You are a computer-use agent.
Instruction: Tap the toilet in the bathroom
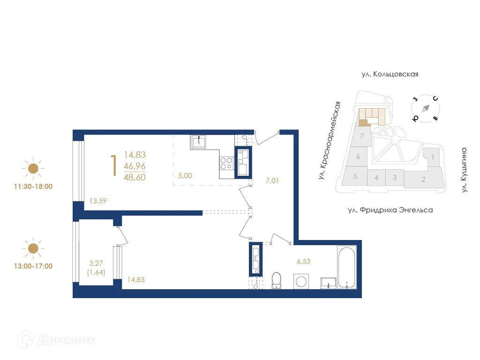pyautogui.click(x=277, y=279)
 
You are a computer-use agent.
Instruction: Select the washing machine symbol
pyautogui.click(x=301, y=281)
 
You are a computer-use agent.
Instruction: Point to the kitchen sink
pyautogui.click(x=200, y=141)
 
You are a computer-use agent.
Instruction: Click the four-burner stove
pyautogui.click(x=226, y=163)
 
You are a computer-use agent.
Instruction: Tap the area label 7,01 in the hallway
pyautogui.click(x=272, y=180)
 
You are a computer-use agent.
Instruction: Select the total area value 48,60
pyautogui.click(x=135, y=178)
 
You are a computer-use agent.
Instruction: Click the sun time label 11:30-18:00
pyautogui.click(x=33, y=186)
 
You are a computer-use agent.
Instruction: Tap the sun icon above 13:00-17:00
pyautogui.click(x=33, y=248)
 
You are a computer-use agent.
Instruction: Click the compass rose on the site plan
pyautogui.click(x=425, y=109)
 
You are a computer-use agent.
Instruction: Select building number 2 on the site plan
pyautogui.click(x=423, y=179)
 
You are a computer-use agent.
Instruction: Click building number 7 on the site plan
pyautogui.click(x=362, y=136)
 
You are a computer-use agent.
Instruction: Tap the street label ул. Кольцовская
pyautogui.click(x=390, y=74)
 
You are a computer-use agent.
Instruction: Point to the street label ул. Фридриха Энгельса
pyautogui.click(x=390, y=210)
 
